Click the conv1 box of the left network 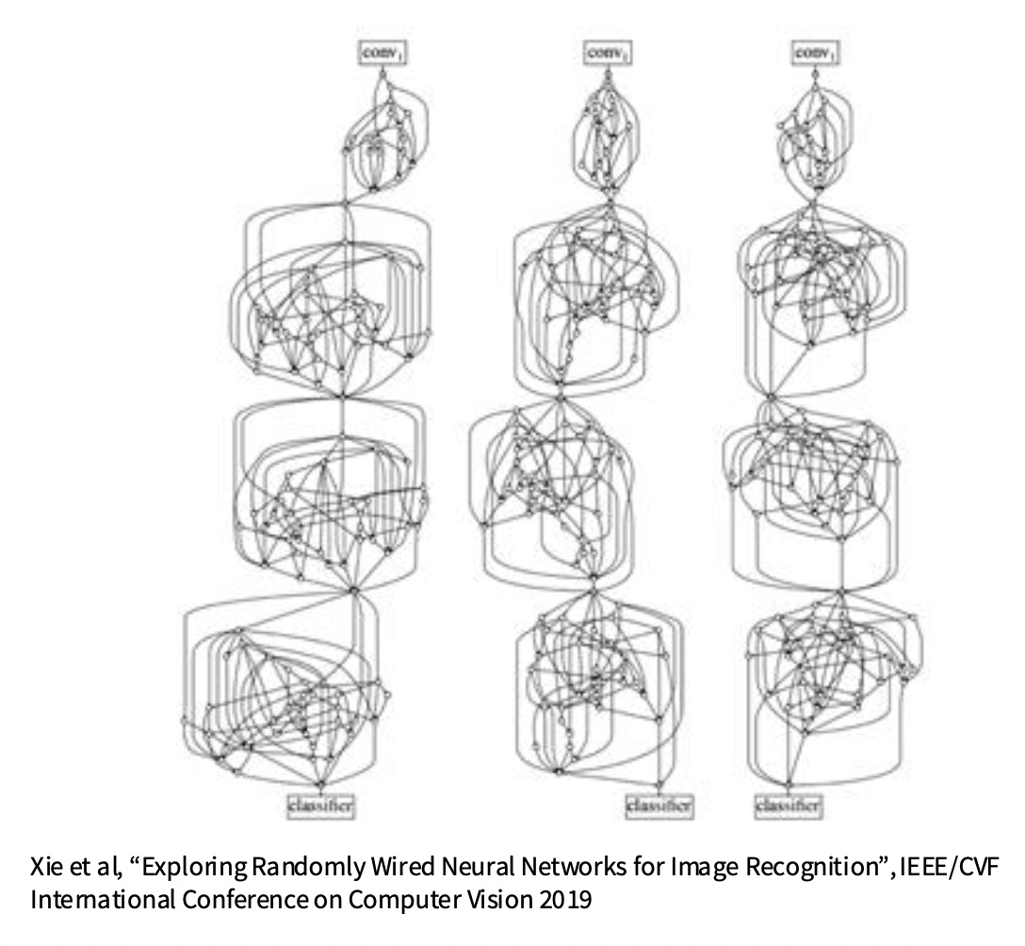click(381, 54)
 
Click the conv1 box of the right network click(816, 54)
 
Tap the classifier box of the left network click(321, 806)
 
